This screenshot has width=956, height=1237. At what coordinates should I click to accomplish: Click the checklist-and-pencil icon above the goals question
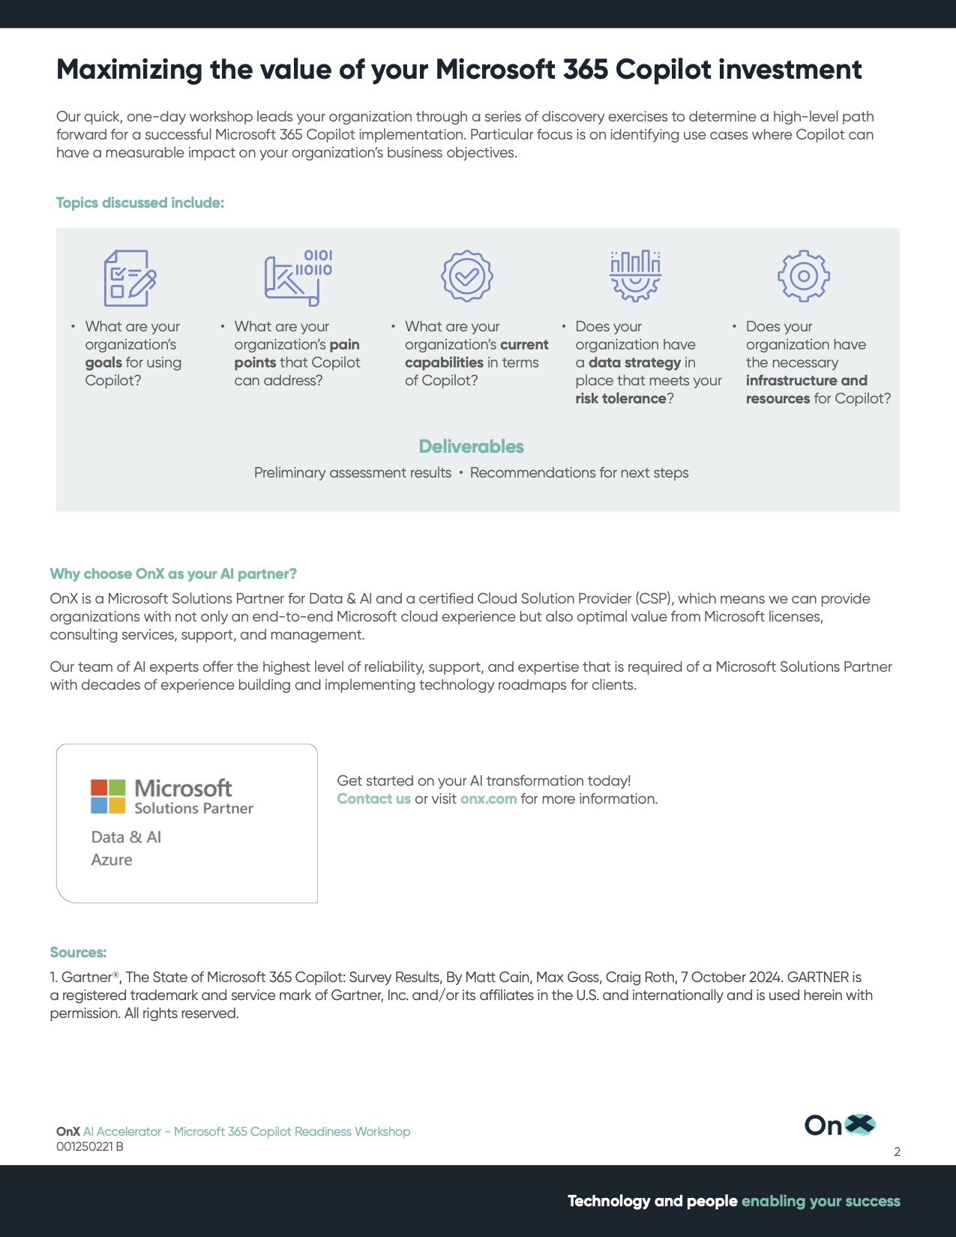pyautogui.click(x=130, y=277)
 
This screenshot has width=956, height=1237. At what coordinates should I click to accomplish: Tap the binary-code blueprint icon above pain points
pyautogui.click(x=298, y=277)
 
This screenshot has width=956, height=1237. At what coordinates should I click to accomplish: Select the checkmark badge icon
pyautogui.click(x=466, y=276)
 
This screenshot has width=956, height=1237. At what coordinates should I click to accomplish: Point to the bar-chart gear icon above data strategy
pyautogui.click(x=635, y=276)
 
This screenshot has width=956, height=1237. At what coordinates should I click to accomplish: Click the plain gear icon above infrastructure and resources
pyautogui.click(x=803, y=276)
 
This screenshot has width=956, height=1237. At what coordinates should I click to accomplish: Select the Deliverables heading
pyautogui.click(x=471, y=447)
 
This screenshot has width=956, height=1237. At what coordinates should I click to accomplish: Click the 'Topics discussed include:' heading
pyautogui.click(x=140, y=203)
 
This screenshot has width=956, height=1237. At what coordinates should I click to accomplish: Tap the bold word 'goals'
pyautogui.click(x=103, y=363)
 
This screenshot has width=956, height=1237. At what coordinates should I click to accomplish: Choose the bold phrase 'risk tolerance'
pyautogui.click(x=620, y=399)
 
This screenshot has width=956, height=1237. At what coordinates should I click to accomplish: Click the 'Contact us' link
pyautogui.click(x=373, y=799)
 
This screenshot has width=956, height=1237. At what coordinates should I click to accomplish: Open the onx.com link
pyautogui.click(x=488, y=799)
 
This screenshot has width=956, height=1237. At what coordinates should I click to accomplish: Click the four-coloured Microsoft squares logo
pyautogui.click(x=108, y=796)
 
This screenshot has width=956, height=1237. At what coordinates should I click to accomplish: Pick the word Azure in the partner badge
pyautogui.click(x=112, y=860)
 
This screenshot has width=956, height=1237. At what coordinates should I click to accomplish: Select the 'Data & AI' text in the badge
pyautogui.click(x=126, y=837)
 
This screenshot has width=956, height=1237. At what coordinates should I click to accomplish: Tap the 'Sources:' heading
pyautogui.click(x=78, y=953)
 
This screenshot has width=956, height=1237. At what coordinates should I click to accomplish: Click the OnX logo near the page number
pyautogui.click(x=839, y=1125)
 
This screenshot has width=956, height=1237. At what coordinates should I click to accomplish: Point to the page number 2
pyautogui.click(x=897, y=1152)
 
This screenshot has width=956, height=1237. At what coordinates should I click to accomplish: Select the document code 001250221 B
pyautogui.click(x=90, y=1147)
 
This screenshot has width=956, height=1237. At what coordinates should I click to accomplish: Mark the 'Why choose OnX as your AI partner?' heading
pyautogui.click(x=173, y=574)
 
